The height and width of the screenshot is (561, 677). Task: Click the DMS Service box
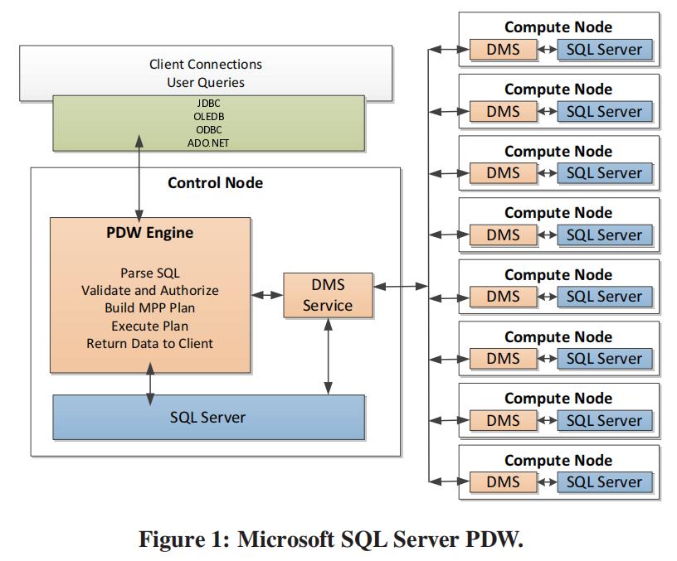[x=328, y=295]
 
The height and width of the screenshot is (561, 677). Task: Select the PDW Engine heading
[x=149, y=233]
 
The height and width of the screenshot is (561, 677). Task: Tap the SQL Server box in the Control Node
[x=208, y=417]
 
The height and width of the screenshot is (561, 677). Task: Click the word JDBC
[x=208, y=102]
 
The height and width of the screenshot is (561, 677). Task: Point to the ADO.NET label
[x=208, y=143]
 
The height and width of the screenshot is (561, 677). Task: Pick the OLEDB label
[x=208, y=115]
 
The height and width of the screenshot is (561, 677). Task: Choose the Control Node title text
[x=215, y=182]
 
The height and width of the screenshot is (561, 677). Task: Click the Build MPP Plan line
[x=149, y=308]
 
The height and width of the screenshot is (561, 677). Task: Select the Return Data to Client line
[x=149, y=343]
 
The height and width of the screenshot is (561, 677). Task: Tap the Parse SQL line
[x=149, y=273]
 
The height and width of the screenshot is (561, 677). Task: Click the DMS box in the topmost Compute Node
[x=503, y=50]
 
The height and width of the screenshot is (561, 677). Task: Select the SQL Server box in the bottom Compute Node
[x=604, y=482]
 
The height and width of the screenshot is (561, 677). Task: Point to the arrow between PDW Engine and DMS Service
[x=267, y=295]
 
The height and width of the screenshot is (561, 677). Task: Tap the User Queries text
[x=205, y=82]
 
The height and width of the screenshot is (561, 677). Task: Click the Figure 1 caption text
[x=331, y=539]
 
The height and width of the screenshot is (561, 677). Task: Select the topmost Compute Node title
[x=558, y=27]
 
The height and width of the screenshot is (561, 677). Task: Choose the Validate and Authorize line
[x=149, y=291]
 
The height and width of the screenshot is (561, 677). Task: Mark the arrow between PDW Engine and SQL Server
[x=150, y=384]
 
